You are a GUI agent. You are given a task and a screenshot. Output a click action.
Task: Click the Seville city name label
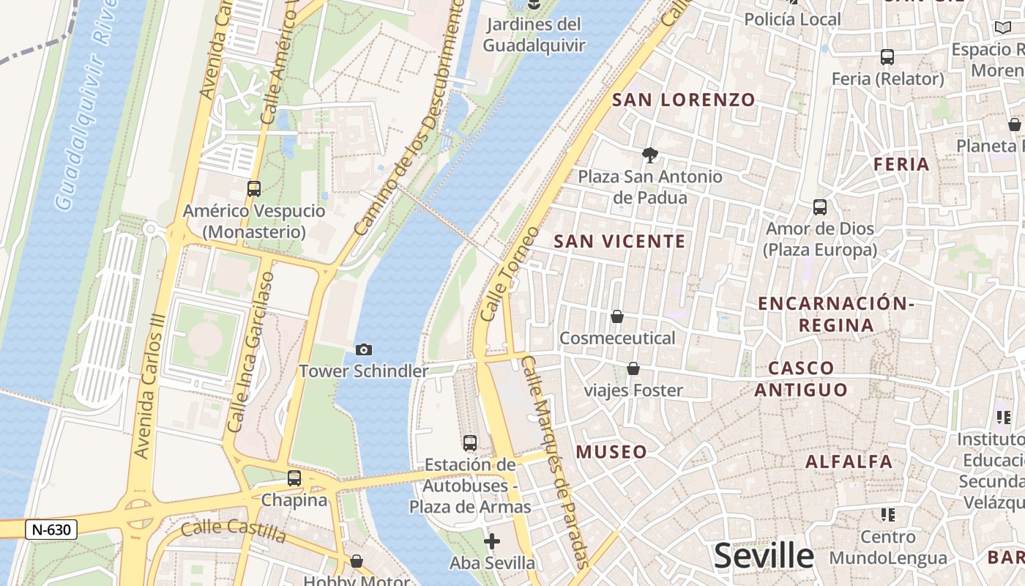coord(764,556)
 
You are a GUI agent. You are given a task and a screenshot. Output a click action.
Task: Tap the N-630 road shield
coord(51,530)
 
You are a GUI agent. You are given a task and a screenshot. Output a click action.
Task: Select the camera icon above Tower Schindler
coord(363,350)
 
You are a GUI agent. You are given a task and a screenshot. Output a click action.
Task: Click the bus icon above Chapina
coord(294,478)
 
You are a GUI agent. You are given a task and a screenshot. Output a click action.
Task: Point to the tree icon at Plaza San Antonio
coord(649,155)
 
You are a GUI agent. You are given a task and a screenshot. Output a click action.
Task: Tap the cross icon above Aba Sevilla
coord(492,541)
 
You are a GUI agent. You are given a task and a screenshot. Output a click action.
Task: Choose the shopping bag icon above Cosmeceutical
coord(617,316)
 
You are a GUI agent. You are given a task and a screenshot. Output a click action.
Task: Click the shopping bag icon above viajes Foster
coord(633,368)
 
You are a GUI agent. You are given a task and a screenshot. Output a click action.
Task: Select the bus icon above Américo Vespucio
coord(254,188)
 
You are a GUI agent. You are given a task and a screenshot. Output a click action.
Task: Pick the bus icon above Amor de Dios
coord(820,207)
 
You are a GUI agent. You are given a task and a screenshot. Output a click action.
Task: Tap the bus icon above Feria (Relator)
coord(887,57)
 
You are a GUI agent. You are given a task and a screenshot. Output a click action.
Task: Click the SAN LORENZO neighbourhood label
coord(683,100)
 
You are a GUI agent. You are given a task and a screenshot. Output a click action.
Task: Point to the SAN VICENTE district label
coord(619,241)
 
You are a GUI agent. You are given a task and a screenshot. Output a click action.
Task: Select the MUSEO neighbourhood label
coord(611,452)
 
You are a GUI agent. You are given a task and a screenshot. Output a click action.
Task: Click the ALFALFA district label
coord(849,461)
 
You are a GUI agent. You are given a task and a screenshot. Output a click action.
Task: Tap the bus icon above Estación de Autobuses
coord(470,443)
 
